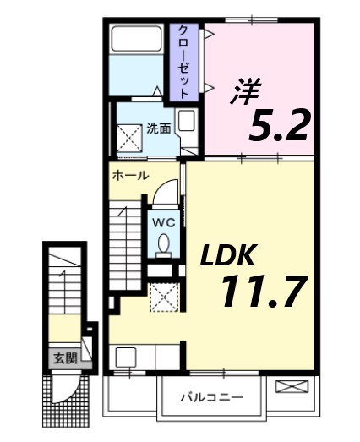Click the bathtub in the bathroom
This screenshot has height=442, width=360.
138,39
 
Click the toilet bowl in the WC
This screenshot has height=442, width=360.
163,244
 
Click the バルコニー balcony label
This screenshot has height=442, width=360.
211,396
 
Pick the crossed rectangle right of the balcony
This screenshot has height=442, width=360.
293,386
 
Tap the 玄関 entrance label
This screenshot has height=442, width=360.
63,358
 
